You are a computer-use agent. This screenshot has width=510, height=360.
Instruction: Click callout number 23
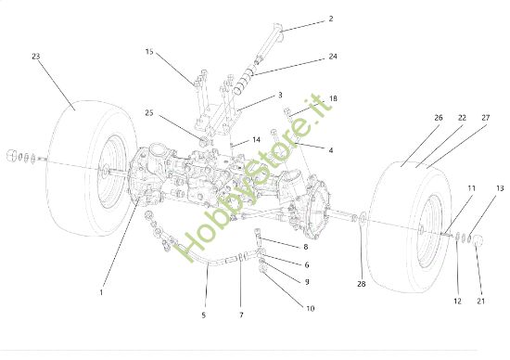pos(35,57)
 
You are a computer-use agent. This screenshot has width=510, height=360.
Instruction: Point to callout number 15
pos(149,53)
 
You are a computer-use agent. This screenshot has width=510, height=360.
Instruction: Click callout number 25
pos(149,115)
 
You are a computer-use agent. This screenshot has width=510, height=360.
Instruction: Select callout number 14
pos(256,140)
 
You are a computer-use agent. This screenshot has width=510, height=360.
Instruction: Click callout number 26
pos(412,119)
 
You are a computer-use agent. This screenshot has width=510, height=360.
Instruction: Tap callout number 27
pos(485,119)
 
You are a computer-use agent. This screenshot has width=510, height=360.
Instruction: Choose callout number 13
pos(500,188)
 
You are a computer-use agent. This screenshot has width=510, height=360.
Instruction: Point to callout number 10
pos(309,308)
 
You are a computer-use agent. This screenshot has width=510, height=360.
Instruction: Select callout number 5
pos(203,315)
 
